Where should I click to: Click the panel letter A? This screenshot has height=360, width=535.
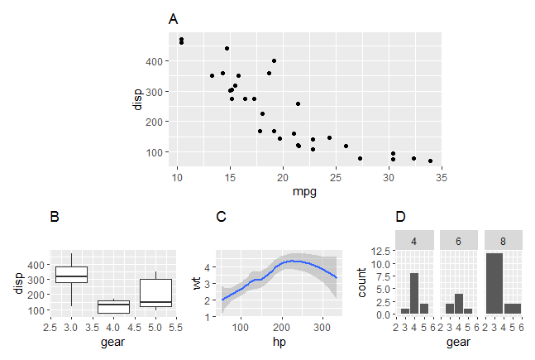(173, 19)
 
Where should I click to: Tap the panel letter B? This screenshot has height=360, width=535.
(55, 217)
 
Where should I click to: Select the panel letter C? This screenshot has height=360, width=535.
(221, 217)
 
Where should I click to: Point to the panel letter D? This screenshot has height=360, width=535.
(400, 217)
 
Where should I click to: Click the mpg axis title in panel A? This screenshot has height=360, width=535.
(306, 192)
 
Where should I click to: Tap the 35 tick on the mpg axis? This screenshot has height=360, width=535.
(442, 178)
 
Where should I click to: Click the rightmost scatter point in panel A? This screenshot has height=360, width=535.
(430, 161)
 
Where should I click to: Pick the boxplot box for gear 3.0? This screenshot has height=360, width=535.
(71, 274)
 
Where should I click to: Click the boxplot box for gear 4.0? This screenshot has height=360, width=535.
(113, 306)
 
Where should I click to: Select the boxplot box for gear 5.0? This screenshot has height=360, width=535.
(155, 293)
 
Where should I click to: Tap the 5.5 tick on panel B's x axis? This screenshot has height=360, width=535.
(176, 327)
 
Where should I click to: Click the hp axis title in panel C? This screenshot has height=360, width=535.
(278, 341)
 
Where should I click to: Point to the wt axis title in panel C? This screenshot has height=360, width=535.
(196, 282)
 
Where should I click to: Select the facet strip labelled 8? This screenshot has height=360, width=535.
(503, 239)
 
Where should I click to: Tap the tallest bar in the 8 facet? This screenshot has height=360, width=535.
(494, 284)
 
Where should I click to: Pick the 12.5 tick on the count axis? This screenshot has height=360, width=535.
(381, 250)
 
